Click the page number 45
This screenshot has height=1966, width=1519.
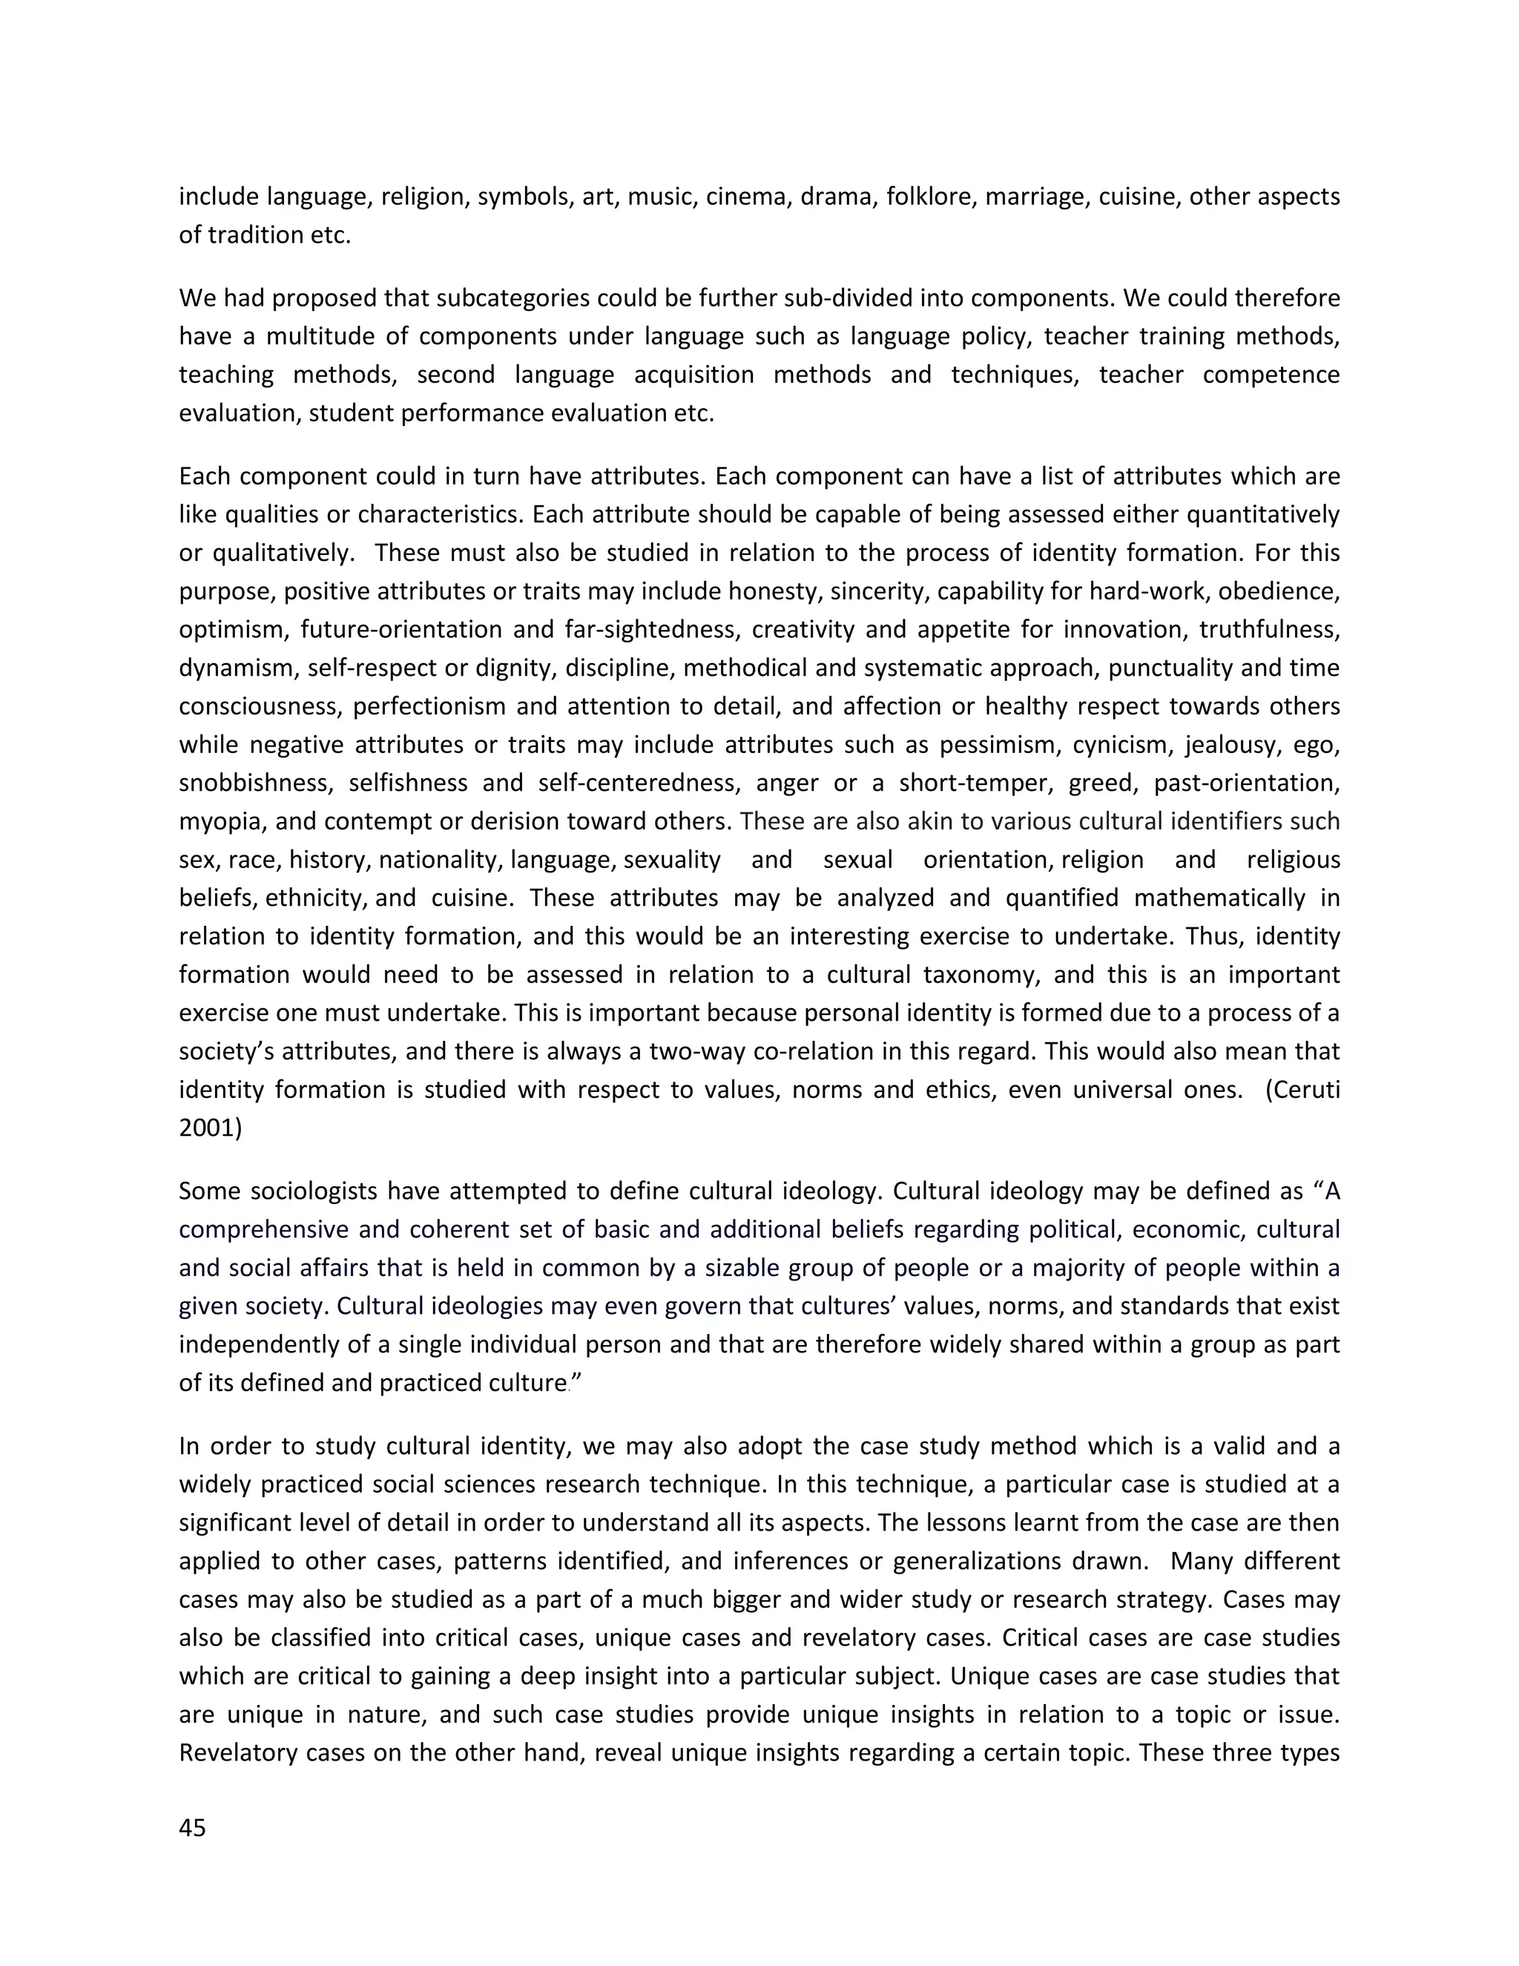[193, 1827]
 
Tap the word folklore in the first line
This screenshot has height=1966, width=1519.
[931, 197]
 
